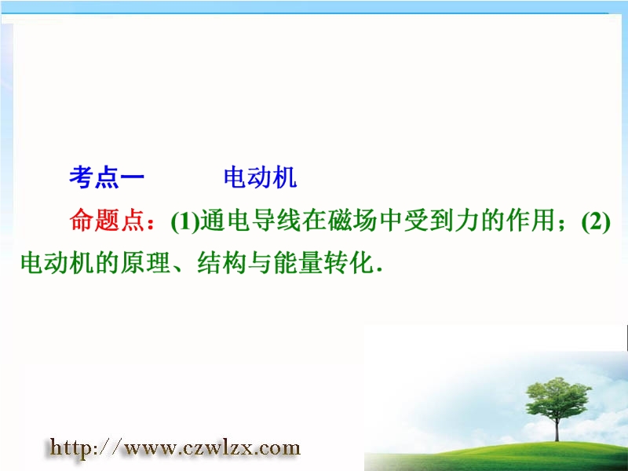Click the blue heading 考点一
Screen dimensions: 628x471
(107, 177)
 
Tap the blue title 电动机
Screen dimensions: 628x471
(261, 177)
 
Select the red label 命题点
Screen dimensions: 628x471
(107, 221)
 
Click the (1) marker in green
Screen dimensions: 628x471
(185, 221)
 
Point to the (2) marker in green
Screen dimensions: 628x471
(596, 221)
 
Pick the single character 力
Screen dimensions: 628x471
(466, 221)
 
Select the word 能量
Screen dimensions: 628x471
(298, 263)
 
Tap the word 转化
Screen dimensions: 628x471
(349, 263)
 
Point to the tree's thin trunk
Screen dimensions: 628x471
(557, 429)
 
